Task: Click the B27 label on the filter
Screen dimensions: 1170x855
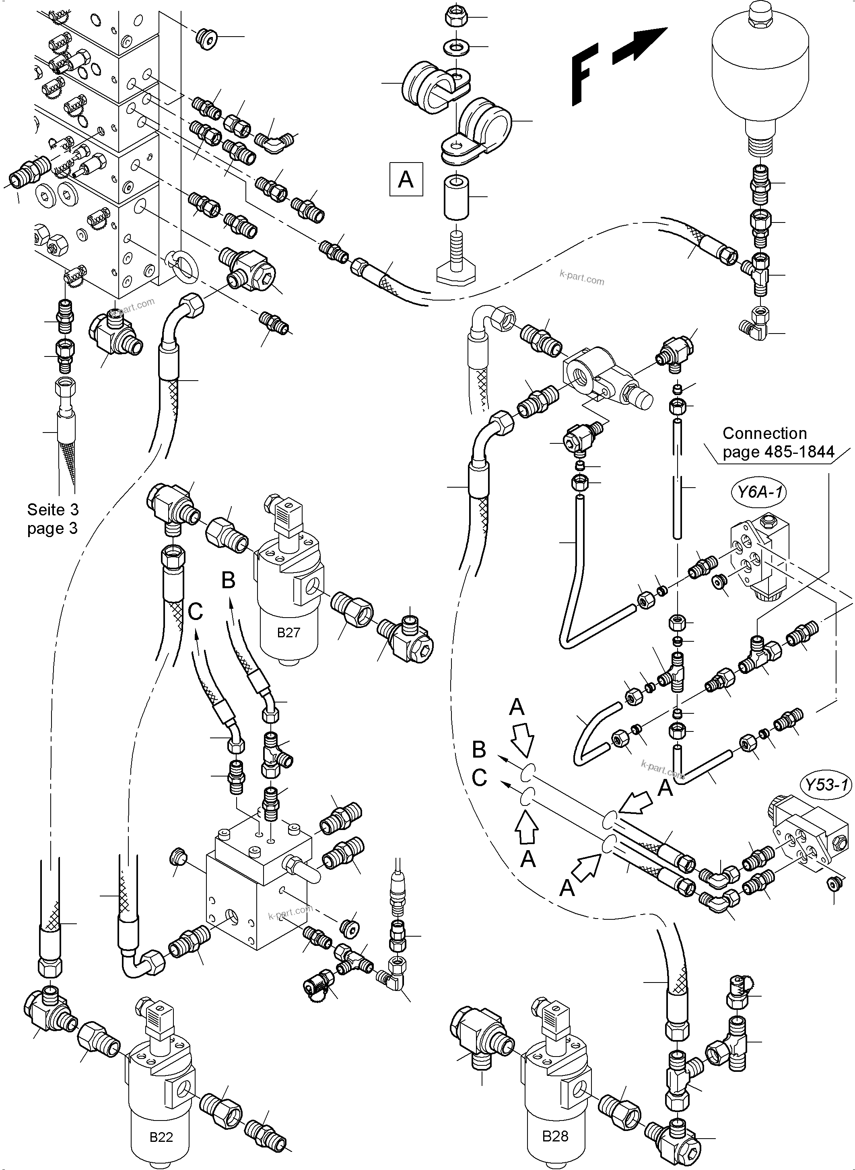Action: (x=288, y=632)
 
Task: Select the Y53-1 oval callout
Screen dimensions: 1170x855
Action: (x=826, y=785)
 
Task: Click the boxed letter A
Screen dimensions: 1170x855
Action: (x=406, y=179)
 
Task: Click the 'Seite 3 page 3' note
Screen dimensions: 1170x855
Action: (x=52, y=519)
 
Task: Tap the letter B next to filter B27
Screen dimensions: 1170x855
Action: (x=228, y=581)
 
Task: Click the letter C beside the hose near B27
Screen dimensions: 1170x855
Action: (x=195, y=612)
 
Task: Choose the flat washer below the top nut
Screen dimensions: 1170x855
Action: (x=454, y=47)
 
